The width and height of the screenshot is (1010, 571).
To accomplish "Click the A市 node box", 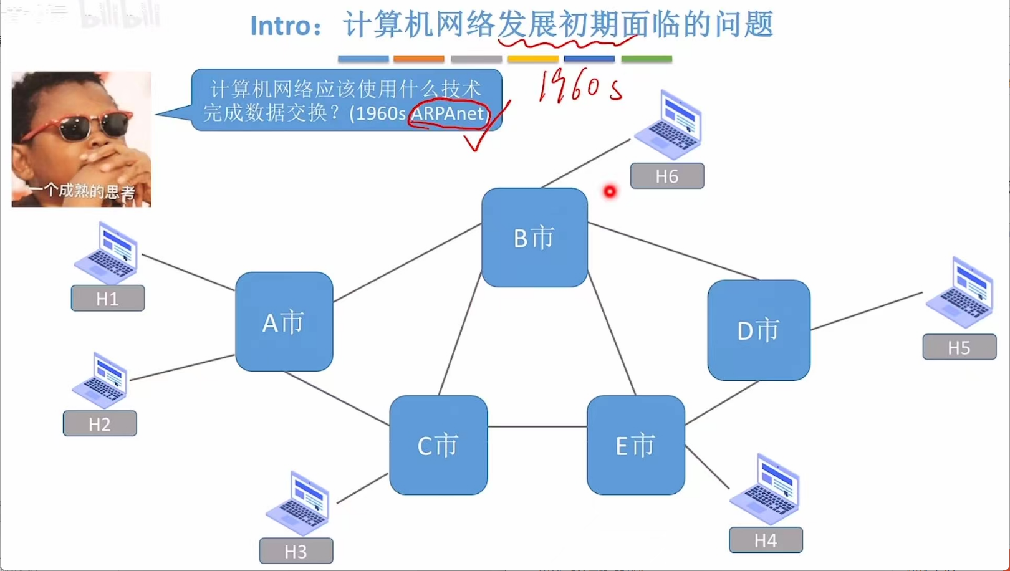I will click(284, 322).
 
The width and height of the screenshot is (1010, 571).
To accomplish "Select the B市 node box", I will click(534, 238).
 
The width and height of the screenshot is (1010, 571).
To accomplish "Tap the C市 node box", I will click(438, 445).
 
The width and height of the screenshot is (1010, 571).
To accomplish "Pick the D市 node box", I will click(759, 330).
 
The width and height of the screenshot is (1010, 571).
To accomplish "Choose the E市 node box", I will click(635, 445).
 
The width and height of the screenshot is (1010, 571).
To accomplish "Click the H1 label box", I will click(108, 299).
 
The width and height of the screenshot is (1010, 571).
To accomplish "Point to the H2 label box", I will click(100, 424).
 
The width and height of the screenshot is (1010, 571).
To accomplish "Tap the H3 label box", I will click(296, 551).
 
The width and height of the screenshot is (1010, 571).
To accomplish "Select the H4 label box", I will click(766, 540).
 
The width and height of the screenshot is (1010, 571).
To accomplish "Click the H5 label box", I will click(959, 347).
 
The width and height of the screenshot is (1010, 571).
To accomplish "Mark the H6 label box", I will click(667, 176).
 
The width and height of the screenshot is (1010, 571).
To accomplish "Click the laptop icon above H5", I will click(960, 293).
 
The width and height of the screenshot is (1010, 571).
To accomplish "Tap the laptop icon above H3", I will click(298, 504).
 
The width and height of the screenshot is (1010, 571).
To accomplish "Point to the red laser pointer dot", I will click(610, 191).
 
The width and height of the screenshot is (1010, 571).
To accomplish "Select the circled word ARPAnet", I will click(448, 113).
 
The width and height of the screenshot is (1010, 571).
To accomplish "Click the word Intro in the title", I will click(280, 26).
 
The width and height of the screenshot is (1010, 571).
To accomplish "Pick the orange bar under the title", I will click(419, 59).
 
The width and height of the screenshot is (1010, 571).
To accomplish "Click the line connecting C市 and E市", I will click(537, 427).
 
